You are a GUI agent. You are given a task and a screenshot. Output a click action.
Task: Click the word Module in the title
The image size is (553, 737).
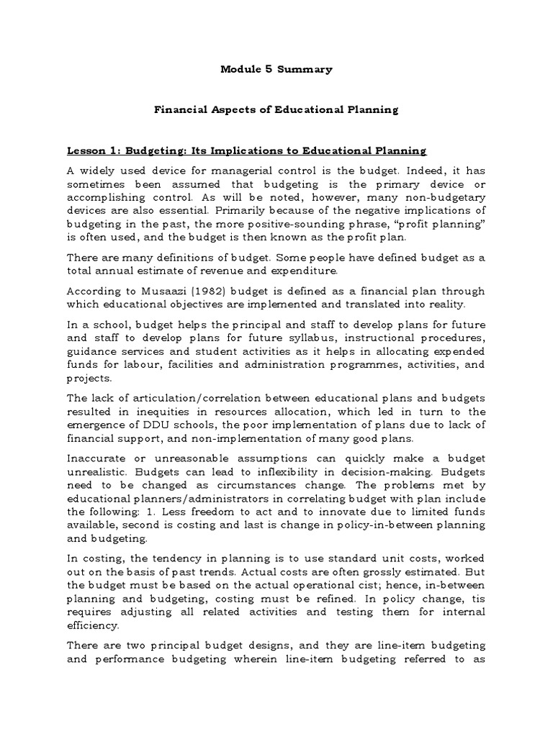(237, 70)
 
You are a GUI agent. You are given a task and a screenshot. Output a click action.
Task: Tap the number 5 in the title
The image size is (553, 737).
(266, 70)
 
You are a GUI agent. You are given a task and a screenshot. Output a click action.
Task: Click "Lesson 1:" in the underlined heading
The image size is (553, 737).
(93, 151)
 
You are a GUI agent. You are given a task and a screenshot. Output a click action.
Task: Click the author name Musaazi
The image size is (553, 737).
(149, 291)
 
